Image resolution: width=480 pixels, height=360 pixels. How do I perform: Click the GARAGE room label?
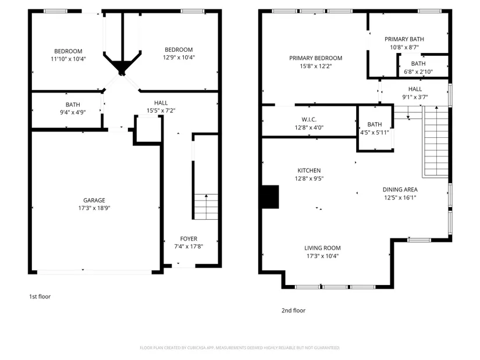tap(94, 200)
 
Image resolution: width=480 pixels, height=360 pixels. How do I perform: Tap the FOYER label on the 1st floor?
tap(189, 239)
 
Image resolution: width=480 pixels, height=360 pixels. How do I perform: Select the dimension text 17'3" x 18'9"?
tap(94, 208)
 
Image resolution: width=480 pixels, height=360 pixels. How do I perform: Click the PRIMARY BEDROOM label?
tap(315, 58)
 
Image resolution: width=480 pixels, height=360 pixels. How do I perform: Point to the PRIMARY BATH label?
tap(404, 39)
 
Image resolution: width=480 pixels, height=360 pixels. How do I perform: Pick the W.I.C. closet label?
tap(309, 120)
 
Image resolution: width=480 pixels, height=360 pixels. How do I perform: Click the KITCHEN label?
tap(309, 170)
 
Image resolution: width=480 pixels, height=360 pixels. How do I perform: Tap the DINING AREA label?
tap(400, 190)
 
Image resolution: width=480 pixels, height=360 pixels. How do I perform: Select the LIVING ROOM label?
tap(322, 248)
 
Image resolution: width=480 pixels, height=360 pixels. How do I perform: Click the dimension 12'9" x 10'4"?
tap(179, 58)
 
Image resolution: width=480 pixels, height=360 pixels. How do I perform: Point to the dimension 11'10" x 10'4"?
tap(68, 59)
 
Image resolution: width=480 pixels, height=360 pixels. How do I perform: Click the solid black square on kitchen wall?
tap(271, 197)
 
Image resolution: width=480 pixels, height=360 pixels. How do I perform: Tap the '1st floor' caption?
tap(40, 297)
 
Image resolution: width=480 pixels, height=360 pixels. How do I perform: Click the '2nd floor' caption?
tap(294, 311)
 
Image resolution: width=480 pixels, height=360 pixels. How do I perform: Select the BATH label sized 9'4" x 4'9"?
tap(73, 105)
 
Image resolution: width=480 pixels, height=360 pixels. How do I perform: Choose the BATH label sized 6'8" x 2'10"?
tap(418, 63)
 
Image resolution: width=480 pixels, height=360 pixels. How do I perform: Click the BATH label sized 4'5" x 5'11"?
tap(375, 124)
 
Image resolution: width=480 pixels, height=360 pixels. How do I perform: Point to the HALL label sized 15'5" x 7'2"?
tap(161, 103)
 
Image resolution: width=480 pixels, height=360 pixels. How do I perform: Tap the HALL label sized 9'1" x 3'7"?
tap(415, 89)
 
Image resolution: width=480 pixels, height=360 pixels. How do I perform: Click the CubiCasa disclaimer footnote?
tap(240, 348)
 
